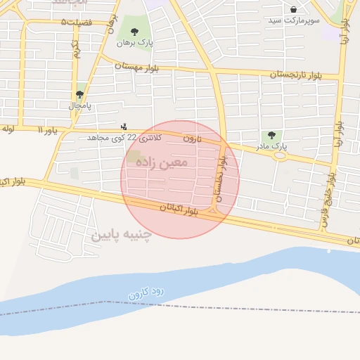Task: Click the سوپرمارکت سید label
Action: click(294, 20)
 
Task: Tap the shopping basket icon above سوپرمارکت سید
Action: click(293, 9)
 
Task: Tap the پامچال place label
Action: click(80, 105)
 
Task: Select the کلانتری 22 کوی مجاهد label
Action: click(124, 138)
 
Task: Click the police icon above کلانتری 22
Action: click(124, 127)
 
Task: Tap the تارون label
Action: click(192, 139)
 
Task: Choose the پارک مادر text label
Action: click(273, 146)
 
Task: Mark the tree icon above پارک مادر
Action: click(272, 135)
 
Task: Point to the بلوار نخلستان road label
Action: click(223, 179)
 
